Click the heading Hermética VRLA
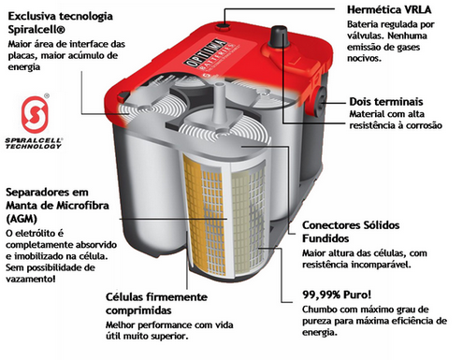[x=389, y=9]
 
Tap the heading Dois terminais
[x=386, y=102]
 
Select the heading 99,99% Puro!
[x=337, y=295]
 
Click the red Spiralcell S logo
[x=35, y=114]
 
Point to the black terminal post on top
[x=279, y=36]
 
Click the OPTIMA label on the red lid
[x=206, y=55]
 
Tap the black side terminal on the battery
[x=320, y=102]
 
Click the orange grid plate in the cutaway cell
[x=203, y=215]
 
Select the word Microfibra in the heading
[x=82, y=206]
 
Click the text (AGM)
[x=22, y=219]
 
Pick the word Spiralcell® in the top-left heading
[x=36, y=30]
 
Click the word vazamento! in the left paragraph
[x=31, y=279]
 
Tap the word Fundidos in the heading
[x=326, y=238]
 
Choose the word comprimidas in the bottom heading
[x=138, y=310]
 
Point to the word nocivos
[x=364, y=58]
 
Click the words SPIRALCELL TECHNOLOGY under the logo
[x=34, y=143]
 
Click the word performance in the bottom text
[x=165, y=325]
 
